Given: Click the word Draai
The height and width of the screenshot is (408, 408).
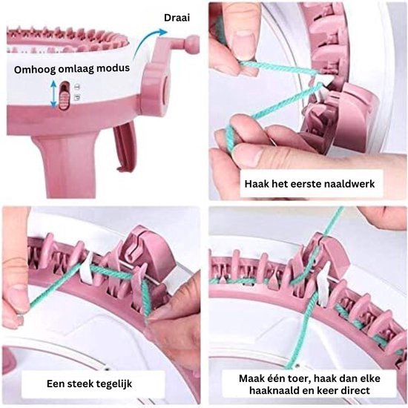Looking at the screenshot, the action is pos(177,18).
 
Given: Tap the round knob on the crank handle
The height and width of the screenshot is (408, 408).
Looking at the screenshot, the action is pos(191,42).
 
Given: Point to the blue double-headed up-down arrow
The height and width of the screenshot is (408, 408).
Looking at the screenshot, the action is pos(53,94).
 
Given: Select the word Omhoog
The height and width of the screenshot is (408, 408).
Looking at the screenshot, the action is pos(35,70).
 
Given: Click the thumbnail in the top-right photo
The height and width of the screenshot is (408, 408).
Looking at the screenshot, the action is pos(242,44).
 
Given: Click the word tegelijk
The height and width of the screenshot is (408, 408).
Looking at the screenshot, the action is pos(114,384).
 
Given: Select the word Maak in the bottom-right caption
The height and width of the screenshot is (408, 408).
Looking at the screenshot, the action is pos(251,378).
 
